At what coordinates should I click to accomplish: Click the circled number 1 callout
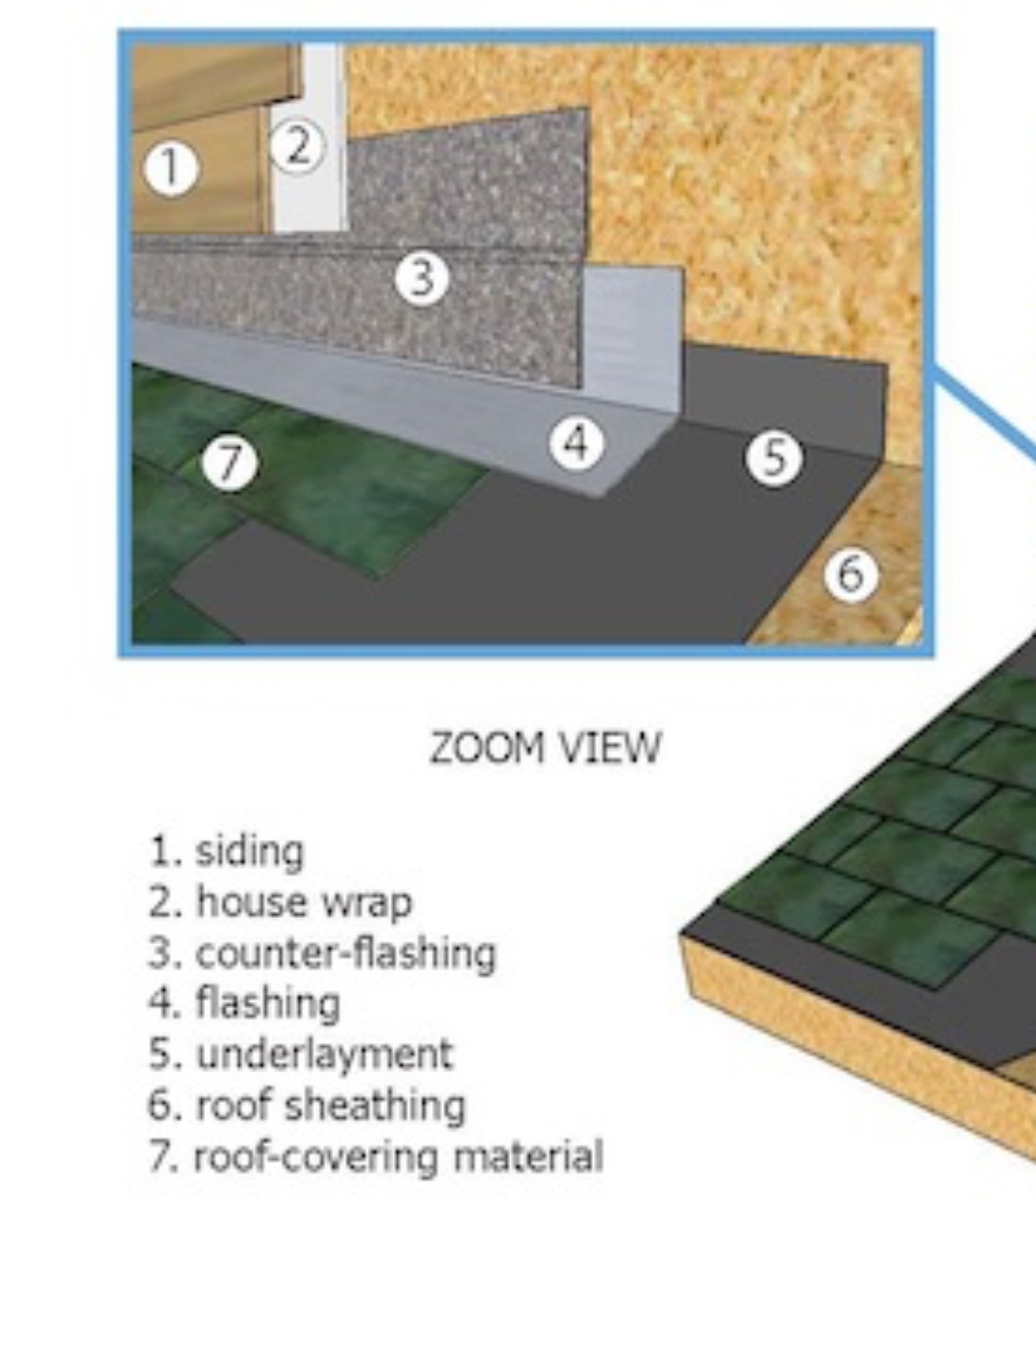click(x=171, y=169)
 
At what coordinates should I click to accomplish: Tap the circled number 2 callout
click(x=297, y=145)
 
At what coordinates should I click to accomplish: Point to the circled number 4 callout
click(x=576, y=443)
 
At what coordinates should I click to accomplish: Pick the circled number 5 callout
click(x=774, y=457)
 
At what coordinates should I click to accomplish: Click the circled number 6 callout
click(x=851, y=574)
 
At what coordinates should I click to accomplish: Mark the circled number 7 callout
click(x=229, y=464)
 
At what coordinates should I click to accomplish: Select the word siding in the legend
click(x=249, y=851)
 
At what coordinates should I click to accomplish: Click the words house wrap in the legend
click(x=304, y=902)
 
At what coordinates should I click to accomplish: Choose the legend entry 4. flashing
click(x=245, y=1003)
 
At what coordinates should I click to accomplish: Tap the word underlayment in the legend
click(x=324, y=1054)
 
